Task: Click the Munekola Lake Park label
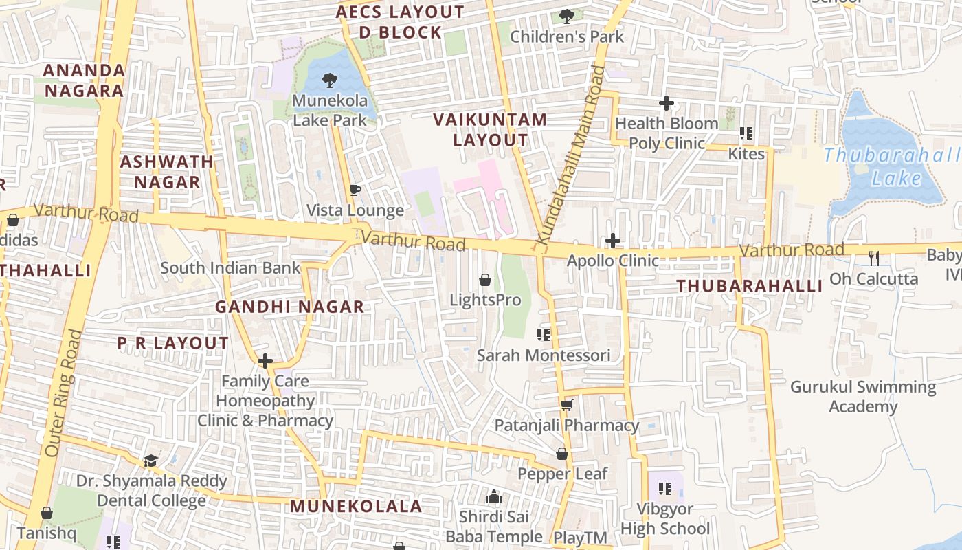tap(330, 111)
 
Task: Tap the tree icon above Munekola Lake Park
tap(330, 80)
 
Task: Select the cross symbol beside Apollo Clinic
tap(613, 241)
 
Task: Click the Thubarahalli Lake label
tap(892, 166)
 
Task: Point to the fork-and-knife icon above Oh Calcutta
tap(874, 258)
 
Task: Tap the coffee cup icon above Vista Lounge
tap(355, 190)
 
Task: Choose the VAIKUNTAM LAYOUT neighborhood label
tap(491, 130)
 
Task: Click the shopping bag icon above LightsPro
tap(485, 280)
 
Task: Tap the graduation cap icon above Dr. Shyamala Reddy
tap(151, 461)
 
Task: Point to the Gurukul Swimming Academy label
tap(863, 397)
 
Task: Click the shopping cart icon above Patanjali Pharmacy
tap(567, 405)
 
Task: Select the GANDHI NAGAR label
tap(290, 307)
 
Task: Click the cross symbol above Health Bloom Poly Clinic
tap(666, 104)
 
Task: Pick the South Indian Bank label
tap(231, 268)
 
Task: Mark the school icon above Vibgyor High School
tap(664, 489)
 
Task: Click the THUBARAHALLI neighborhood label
tap(750, 286)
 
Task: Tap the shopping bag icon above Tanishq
tap(47, 513)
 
